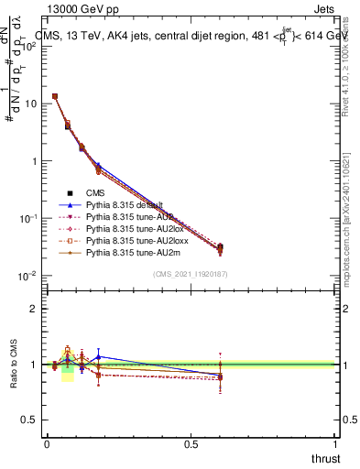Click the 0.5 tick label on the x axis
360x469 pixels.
pyautogui.click(x=191, y=442)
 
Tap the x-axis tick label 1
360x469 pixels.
pyautogui.click(x=336, y=442)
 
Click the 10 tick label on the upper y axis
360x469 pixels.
pyautogui.click(x=30, y=104)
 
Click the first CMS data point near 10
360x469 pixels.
pyautogui.click(x=55, y=96)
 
